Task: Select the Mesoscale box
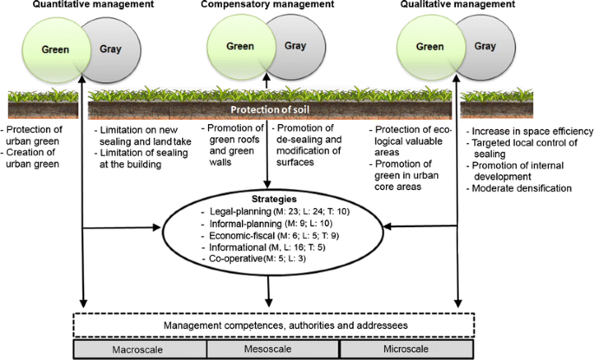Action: pos(270,349)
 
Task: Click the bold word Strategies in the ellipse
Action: pos(271,199)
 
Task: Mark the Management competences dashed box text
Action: pos(271,324)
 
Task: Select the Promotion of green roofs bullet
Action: pos(234,141)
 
